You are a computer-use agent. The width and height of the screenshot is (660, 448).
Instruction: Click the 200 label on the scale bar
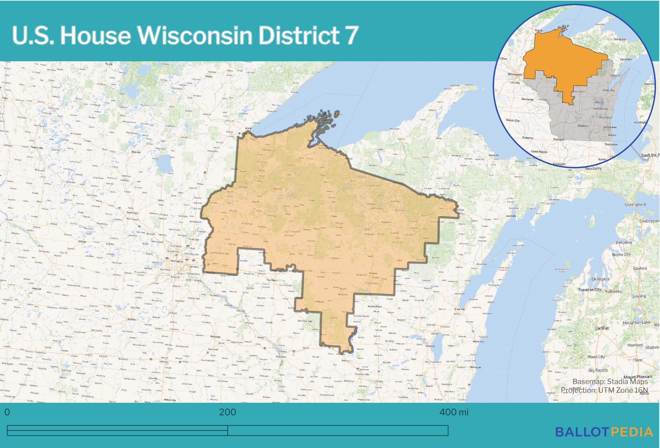point(227,412)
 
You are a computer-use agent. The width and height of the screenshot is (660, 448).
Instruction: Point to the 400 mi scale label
point(454,412)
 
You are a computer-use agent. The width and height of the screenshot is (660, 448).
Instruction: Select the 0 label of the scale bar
point(7,412)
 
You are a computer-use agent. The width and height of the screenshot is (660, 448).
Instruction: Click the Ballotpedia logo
point(604,432)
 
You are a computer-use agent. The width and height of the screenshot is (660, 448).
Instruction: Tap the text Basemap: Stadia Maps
point(610,382)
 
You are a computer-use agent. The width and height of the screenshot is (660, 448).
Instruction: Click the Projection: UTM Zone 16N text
point(604,390)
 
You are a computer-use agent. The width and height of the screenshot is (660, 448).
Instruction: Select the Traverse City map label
point(590,290)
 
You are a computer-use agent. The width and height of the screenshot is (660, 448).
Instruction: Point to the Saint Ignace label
point(635,205)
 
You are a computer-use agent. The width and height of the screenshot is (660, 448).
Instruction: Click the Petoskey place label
point(624,242)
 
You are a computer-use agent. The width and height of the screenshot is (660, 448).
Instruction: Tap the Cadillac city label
point(602,328)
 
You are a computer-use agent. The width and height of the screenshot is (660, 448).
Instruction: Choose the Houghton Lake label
point(637,323)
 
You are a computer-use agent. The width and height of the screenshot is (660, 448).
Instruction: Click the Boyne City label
point(621,254)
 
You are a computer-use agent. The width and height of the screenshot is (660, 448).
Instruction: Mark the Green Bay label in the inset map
point(608,90)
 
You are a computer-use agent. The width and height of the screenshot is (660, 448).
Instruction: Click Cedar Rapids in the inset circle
point(539,152)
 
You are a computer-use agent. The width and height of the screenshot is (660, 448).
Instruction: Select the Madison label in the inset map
point(583,126)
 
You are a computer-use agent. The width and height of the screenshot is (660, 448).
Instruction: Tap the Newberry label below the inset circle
point(593,169)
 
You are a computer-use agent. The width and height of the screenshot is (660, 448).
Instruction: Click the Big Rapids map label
point(598,370)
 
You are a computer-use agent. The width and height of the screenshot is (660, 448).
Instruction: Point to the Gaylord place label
point(640,268)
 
